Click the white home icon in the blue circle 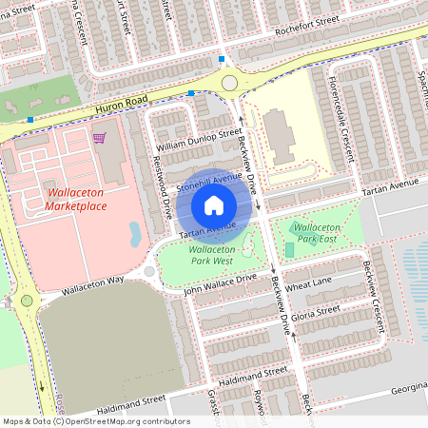(214, 205)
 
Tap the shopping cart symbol (99, 138)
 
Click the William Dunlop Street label (200, 142)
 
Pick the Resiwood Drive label (161, 197)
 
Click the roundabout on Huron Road (229, 84)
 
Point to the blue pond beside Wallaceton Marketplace (135, 233)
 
